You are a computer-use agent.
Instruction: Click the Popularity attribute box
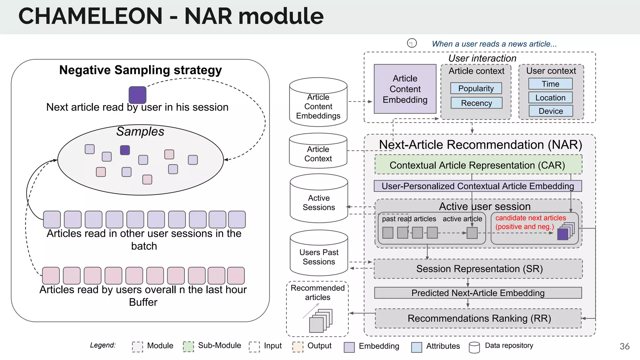click(476, 88)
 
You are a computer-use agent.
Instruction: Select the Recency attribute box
click(476, 103)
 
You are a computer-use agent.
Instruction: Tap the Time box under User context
click(550, 84)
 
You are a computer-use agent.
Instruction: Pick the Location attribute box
click(550, 97)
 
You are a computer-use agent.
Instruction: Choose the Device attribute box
click(551, 111)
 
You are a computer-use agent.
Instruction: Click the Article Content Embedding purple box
click(405, 89)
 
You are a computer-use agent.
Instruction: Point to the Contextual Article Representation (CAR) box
click(478, 165)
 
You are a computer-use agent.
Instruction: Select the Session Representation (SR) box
click(478, 269)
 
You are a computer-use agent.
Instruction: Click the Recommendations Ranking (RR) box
click(478, 318)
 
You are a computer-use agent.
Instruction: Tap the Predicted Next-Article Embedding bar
click(478, 293)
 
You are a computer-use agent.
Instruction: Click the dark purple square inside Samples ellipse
click(125, 150)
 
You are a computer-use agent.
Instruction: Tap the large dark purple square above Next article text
click(137, 95)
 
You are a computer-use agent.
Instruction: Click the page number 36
click(624, 346)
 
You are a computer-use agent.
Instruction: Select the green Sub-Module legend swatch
click(188, 346)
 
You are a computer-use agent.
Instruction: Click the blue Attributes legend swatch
click(417, 347)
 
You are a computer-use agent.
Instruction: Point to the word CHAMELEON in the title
click(91, 16)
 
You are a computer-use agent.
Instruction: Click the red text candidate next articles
click(531, 218)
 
